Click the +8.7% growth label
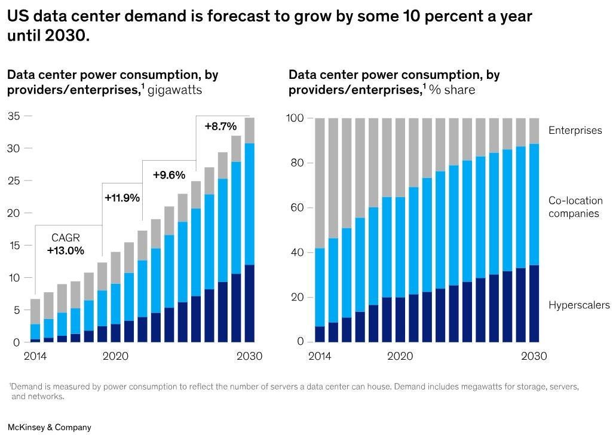[220, 127]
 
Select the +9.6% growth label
[169, 175]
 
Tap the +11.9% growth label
[122, 197]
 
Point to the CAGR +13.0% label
[65, 244]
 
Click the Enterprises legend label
[575, 130]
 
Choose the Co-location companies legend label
[575, 207]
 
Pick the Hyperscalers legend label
[579, 305]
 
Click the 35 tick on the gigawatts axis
[13, 117]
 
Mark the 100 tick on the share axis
[297, 118]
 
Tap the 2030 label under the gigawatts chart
[249, 356]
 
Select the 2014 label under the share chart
[319, 356]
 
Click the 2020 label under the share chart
[400, 356]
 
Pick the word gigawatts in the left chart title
[174, 90]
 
